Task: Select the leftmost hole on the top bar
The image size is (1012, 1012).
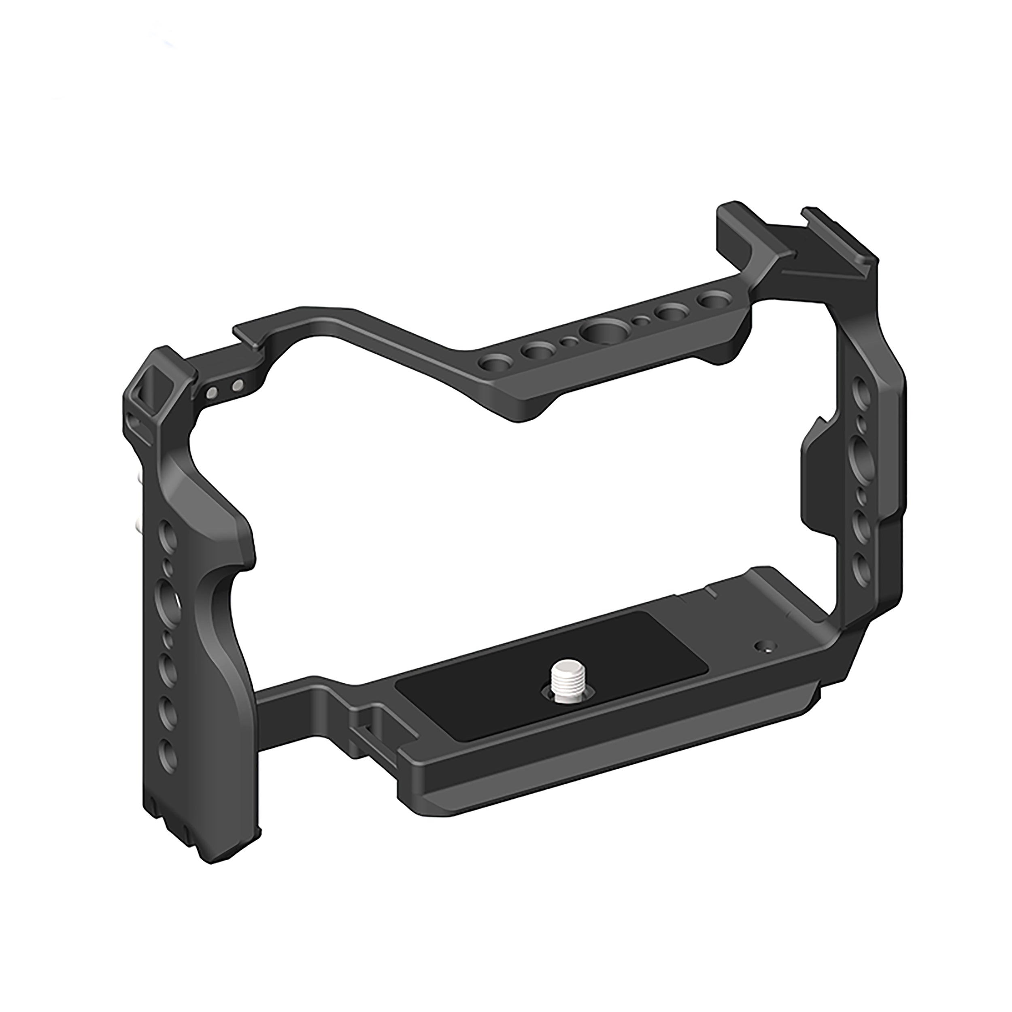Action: click(492, 363)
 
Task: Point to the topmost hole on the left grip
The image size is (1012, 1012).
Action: click(167, 535)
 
